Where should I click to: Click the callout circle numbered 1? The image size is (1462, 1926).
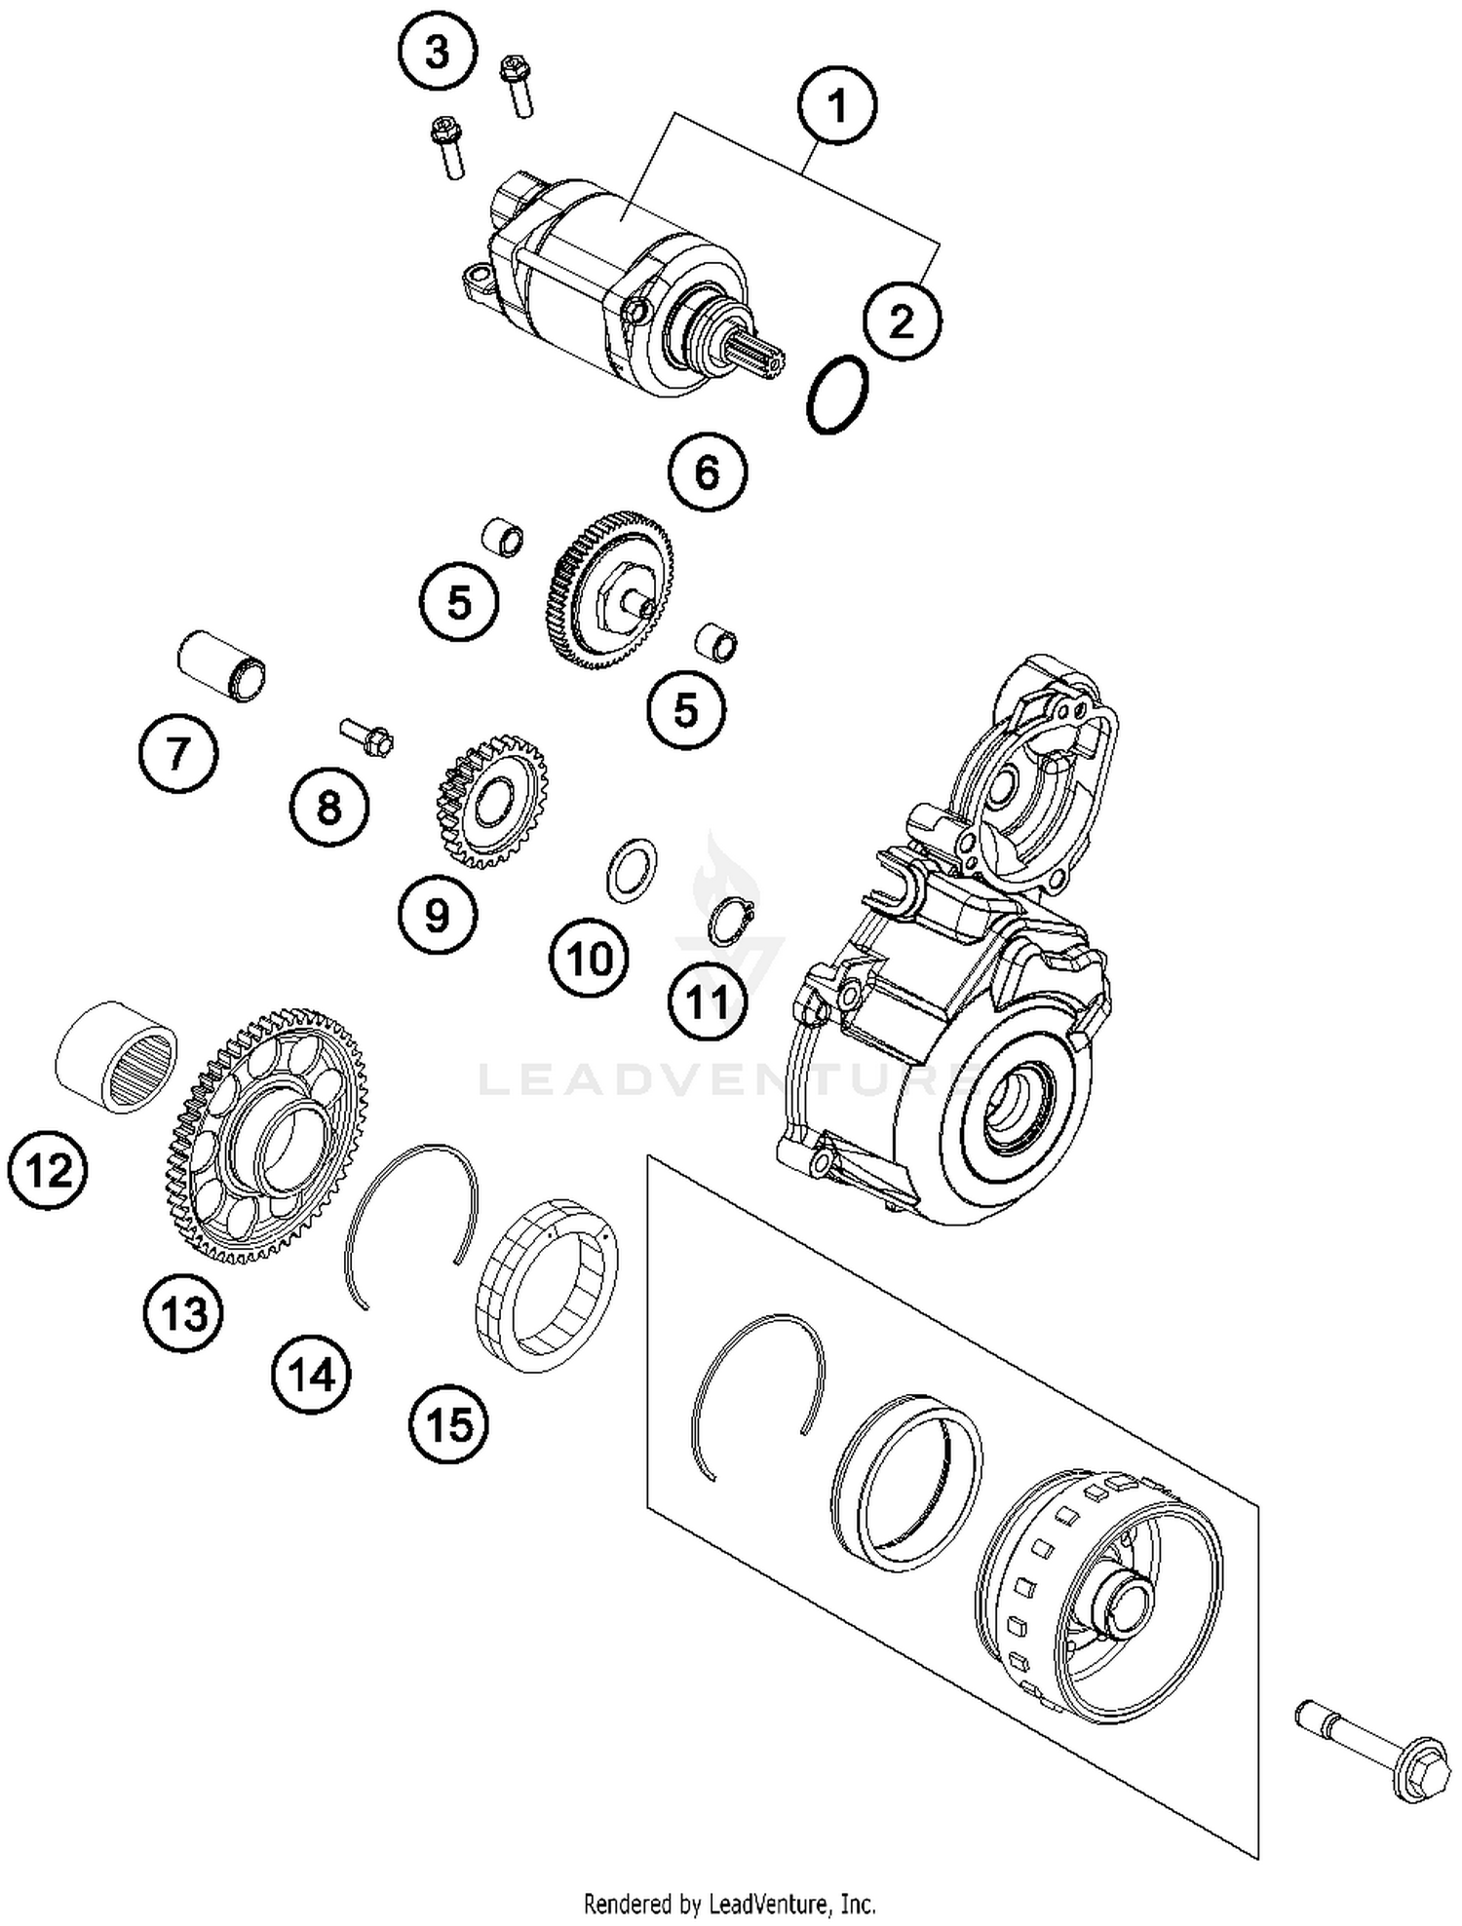836,105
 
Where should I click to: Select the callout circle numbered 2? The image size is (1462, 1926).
903,321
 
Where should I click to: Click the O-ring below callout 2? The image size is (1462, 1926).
837,395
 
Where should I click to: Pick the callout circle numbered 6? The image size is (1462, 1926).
708,472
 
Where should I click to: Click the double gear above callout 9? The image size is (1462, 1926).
491,801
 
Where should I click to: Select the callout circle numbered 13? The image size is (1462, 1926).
184,1313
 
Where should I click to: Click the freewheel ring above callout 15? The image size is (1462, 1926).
546,1286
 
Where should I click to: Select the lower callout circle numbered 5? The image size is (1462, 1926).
686,709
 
